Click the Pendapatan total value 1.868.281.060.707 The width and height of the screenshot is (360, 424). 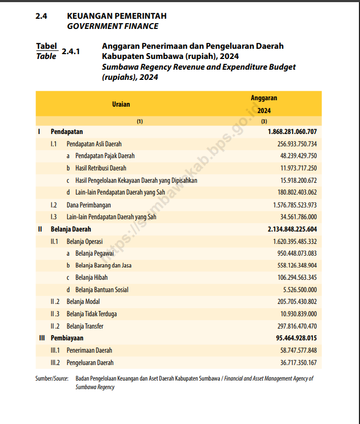pos(292,131)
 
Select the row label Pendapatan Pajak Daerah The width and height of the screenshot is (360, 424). pos(105,156)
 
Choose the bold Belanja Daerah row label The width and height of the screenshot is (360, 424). pos(71,229)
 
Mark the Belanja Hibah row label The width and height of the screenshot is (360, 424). pos(91,278)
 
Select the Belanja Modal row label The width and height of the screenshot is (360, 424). pos(83,302)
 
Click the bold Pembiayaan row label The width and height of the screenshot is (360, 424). pos(67,338)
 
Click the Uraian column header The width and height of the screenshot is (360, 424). pos(121,105)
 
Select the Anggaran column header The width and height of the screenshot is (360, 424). pos(264,98)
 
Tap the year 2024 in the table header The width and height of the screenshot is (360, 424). pos(264,111)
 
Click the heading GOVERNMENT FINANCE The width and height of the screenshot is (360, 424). pos(113,26)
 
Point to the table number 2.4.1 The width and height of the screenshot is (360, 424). pos(71,52)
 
